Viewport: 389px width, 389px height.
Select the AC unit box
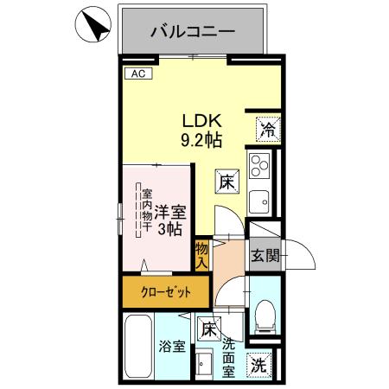pos(137,74)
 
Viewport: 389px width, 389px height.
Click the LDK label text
pos(198,122)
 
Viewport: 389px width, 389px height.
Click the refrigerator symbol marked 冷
pos(266,131)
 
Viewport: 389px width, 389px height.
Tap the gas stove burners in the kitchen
pos(258,164)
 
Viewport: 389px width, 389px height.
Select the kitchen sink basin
pos(258,202)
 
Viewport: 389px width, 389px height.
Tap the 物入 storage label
pos(201,255)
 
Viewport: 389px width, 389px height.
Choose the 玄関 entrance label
pos(264,255)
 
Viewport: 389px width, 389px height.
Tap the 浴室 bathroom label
pos(170,347)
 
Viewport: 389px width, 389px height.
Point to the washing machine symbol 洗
pos(258,365)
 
